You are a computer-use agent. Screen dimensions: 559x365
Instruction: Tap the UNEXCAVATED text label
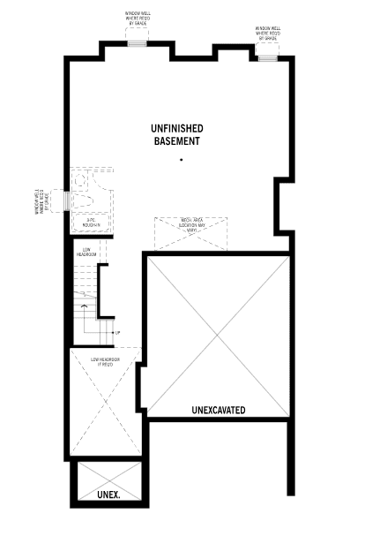(219, 410)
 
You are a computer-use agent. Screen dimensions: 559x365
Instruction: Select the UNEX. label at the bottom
(108, 495)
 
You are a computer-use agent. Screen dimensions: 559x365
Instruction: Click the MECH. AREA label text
(193, 223)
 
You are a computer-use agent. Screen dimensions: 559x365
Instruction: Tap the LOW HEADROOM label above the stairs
(88, 252)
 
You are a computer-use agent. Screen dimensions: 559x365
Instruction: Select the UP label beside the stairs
(117, 332)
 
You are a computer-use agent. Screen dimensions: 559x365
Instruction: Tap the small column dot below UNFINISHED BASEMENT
(181, 160)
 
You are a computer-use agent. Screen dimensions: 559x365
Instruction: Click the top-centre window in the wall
(137, 42)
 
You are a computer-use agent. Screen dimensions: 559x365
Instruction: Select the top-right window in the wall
(267, 57)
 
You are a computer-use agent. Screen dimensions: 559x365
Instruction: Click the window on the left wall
(67, 201)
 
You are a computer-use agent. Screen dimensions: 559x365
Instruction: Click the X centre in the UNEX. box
(107, 482)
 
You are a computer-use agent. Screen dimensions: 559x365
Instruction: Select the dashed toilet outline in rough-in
(81, 182)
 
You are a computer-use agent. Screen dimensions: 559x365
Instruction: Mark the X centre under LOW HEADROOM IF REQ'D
(106, 403)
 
